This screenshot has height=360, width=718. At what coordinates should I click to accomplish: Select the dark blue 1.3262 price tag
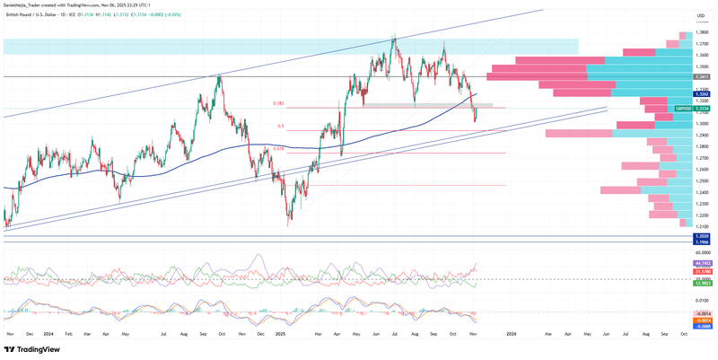(702, 93)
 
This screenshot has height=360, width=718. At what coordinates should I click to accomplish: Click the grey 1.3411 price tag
(702, 77)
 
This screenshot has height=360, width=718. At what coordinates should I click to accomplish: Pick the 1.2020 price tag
(702, 235)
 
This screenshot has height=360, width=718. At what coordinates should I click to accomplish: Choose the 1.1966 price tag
(702, 241)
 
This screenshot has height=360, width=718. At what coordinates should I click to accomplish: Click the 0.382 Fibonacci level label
(279, 104)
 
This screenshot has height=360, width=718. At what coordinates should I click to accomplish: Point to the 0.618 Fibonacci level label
(279, 149)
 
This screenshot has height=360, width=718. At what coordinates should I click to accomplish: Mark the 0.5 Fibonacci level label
(281, 126)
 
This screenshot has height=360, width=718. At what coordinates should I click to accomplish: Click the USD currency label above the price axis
(700, 15)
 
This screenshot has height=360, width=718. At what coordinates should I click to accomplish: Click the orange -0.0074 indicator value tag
(702, 319)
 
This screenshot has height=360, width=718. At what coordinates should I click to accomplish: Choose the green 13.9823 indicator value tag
(702, 283)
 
